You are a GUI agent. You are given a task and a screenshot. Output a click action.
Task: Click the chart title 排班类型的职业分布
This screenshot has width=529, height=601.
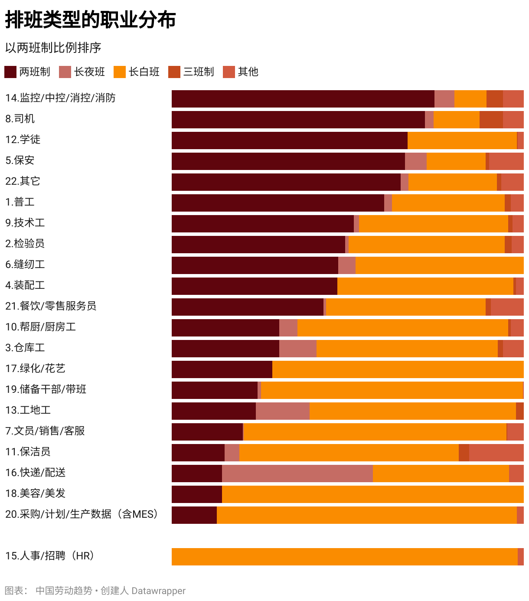pos(90,20)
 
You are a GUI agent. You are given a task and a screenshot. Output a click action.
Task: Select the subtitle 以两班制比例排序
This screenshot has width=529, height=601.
pos(53,48)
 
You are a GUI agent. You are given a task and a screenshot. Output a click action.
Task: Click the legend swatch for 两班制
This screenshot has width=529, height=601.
pos(10,72)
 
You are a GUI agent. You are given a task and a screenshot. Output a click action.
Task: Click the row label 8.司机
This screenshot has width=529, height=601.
pos(20,119)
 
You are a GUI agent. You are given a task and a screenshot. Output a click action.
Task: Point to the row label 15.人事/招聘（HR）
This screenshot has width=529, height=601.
pos(50,556)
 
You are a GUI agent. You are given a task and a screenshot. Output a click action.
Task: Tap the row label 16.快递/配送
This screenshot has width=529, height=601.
pos(36,473)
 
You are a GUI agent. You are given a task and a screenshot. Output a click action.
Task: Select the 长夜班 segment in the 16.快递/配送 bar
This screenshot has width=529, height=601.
pos(297,474)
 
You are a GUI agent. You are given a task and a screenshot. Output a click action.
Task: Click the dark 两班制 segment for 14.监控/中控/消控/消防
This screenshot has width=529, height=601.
pos(303,99)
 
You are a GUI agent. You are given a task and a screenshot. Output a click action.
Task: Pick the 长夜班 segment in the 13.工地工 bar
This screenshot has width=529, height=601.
pos(282,411)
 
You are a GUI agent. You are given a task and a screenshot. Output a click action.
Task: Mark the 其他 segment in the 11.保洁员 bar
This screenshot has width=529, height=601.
pos(496,453)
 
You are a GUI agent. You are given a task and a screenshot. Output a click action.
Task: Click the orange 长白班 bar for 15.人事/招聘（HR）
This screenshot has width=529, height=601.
pos(344,557)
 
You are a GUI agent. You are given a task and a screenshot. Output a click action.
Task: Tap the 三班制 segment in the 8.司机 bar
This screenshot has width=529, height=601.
pos(491,120)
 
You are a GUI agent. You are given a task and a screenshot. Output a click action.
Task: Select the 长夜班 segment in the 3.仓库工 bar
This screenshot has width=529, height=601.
pos(297,349)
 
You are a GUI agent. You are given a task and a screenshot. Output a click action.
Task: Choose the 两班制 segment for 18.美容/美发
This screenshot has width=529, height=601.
pos(196,494)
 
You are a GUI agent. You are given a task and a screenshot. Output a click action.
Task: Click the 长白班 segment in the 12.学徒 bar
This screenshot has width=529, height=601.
pos(462,140)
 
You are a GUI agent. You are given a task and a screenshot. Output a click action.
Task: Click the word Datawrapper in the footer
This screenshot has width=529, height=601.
pos(158,591)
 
